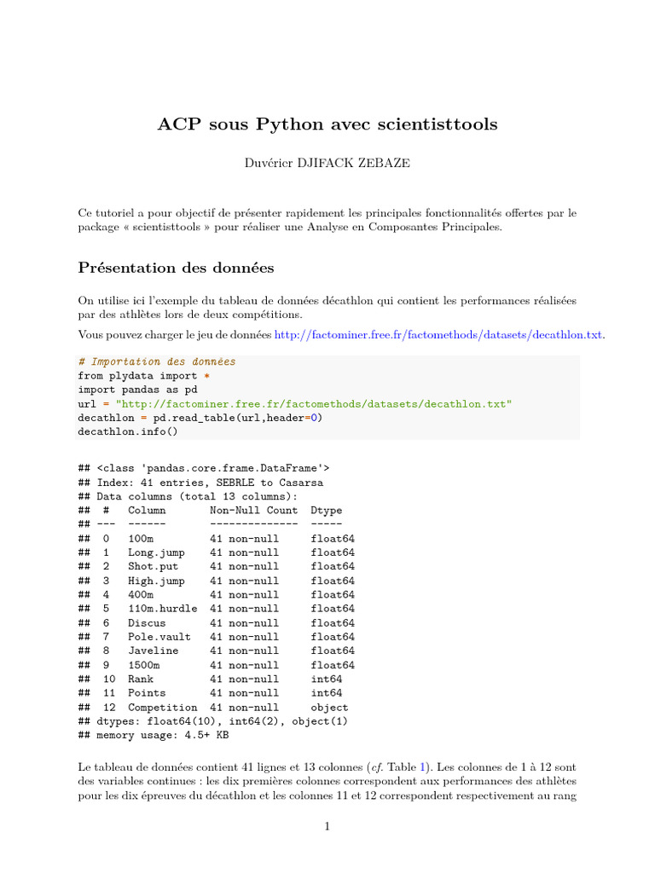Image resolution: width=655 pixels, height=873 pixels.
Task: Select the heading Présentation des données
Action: click(x=176, y=268)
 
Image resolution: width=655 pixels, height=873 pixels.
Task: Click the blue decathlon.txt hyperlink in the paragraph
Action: click(x=438, y=334)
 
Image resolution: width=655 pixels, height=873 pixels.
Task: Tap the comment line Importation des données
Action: click(x=156, y=361)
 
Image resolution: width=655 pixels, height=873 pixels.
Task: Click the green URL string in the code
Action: click(x=314, y=404)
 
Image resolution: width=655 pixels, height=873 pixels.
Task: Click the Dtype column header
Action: click(x=327, y=511)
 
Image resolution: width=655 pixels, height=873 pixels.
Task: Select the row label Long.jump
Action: click(x=156, y=552)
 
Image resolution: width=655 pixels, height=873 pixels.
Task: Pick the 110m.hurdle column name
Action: click(x=162, y=609)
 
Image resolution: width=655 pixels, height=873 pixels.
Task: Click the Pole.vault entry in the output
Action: click(x=159, y=637)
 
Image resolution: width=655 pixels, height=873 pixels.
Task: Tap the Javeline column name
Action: click(x=154, y=650)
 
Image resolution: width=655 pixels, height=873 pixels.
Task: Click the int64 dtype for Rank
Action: click(x=327, y=679)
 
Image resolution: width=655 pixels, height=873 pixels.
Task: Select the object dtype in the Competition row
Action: click(x=329, y=708)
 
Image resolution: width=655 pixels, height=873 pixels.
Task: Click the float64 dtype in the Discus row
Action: click(x=333, y=623)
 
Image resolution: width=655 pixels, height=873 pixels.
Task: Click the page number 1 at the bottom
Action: click(x=327, y=826)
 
